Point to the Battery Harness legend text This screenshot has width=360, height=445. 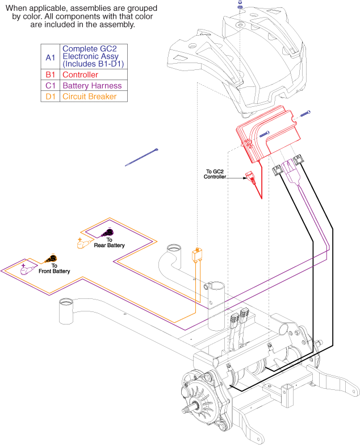click(x=92, y=85)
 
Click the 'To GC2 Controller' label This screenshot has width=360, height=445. click(x=215, y=174)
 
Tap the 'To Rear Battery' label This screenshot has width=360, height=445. click(x=114, y=243)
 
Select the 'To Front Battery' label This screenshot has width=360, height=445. click(x=55, y=269)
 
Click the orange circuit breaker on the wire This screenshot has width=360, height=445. click(x=197, y=254)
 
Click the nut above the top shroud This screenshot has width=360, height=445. click(x=240, y=5)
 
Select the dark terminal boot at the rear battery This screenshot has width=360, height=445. click(x=107, y=232)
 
